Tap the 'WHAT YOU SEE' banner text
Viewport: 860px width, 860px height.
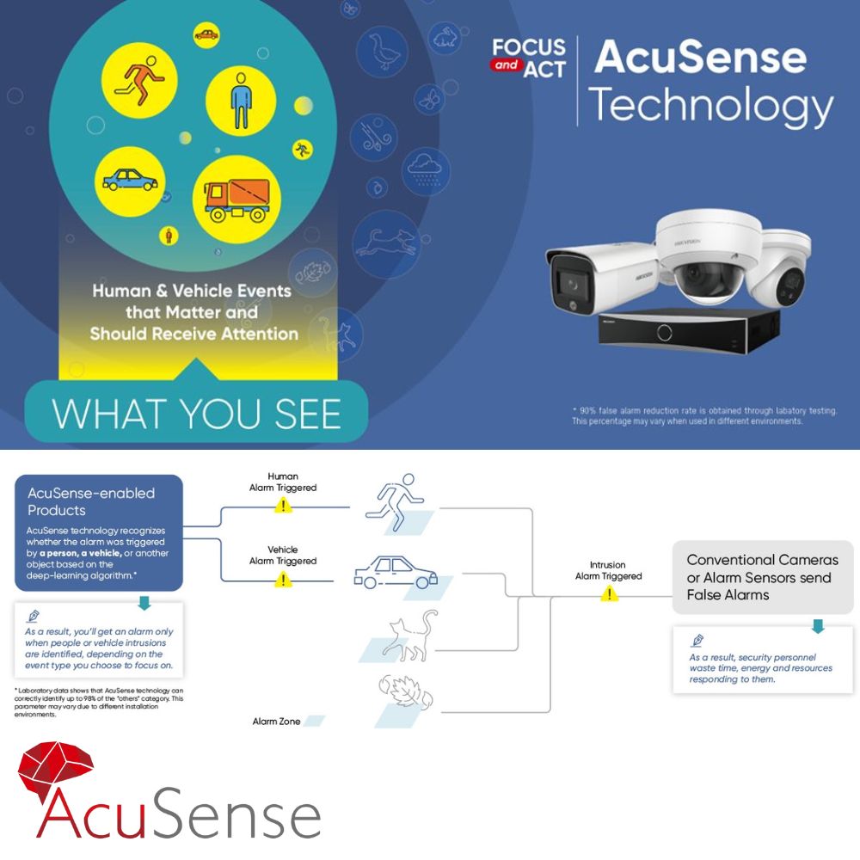point(196,413)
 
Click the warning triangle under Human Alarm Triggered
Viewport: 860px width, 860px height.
point(283,506)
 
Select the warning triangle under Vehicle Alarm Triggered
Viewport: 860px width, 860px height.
point(283,580)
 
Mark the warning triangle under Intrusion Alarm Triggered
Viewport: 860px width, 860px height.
point(610,593)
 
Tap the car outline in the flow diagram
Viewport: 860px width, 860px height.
point(396,572)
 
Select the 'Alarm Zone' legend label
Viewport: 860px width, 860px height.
point(276,722)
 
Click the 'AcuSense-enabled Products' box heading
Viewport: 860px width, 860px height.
point(91,501)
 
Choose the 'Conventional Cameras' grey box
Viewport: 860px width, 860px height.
point(763,576)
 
